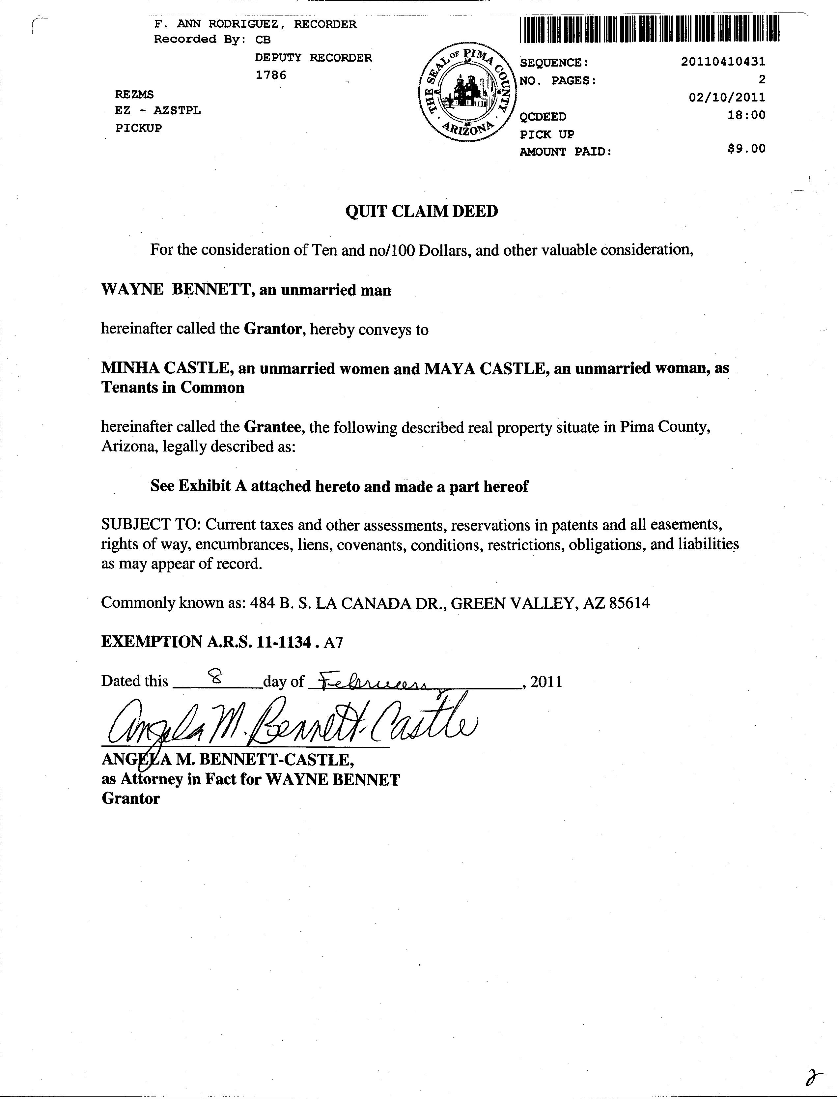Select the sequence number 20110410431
point(723,62)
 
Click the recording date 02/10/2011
point(727,97)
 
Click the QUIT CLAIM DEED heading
point(422,211)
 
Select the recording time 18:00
point(746,115)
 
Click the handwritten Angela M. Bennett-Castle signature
point(289,724)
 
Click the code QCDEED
point(543,117)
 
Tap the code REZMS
point(134,94)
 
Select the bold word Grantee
point(272,427)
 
